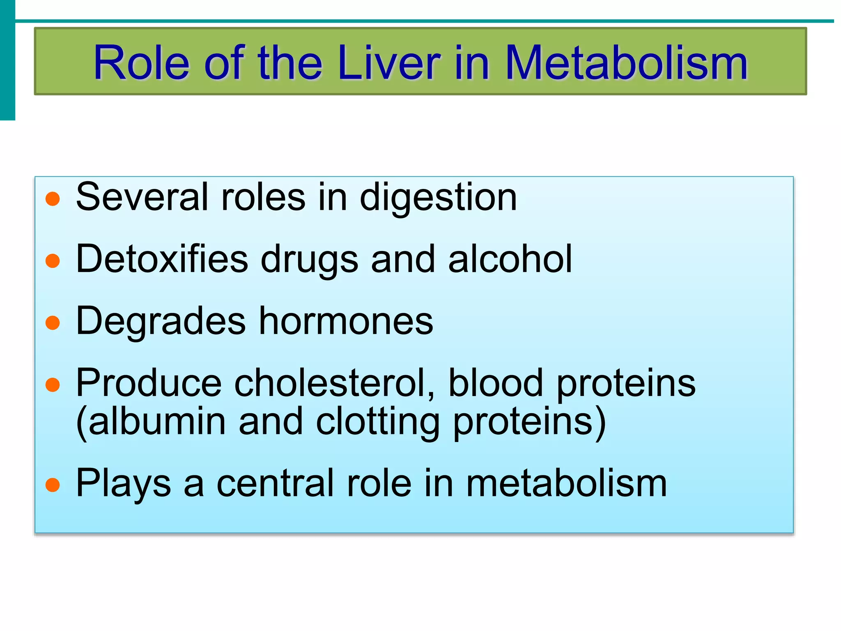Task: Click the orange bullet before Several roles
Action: click(53, 199)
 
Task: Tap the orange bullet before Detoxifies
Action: click(53, 261)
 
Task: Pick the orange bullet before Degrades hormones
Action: click(53, 323)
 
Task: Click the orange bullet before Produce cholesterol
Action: click(53, 385)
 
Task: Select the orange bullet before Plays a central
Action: click(53, 485)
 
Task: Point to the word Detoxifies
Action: click(162, 259)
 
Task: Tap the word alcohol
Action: click(510, 259)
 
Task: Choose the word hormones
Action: click(346, 321)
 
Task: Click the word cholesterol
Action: click(334, 383)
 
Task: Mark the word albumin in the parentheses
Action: click(157, 421)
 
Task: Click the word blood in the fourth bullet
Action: click(496, 383)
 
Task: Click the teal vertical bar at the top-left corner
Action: click(7, 60)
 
